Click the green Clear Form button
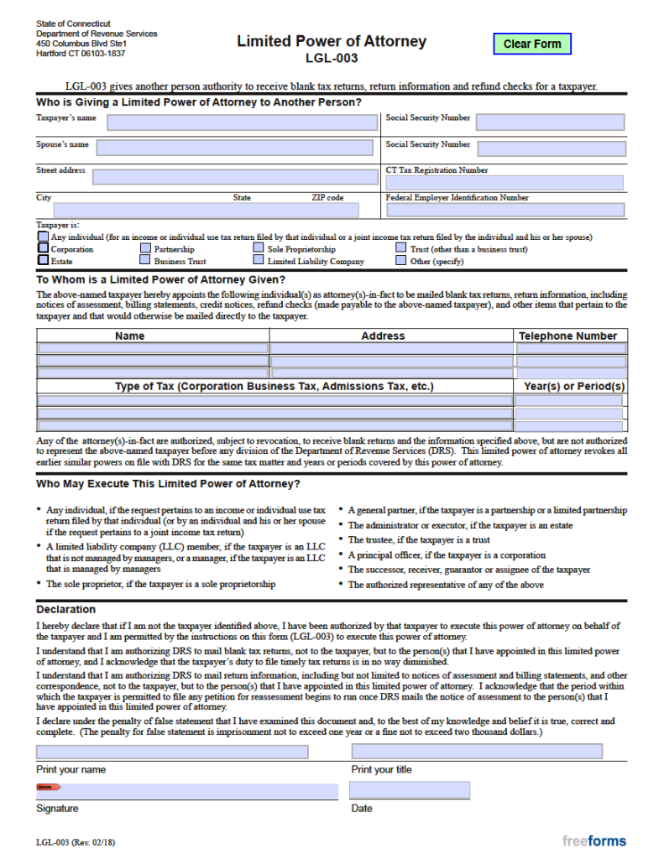[x=531, y=44]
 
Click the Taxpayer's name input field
[x=242, y=122]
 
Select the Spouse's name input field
[x=234, y=148]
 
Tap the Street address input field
[x=234, y=176]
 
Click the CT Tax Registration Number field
[x=505, y=183]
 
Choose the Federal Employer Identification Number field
[x=505, y=210]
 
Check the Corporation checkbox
[x=43, y=249]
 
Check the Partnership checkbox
[x=146, y=249]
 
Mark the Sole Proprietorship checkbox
[x=259, y=249]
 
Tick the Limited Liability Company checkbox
[x=259, y=261]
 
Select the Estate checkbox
[x=43, y=261]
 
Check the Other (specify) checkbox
[x=401, y=261]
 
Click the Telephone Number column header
[x=568, y=336]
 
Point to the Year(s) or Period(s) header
[x=573, y=386]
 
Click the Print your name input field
[x=172, y=752]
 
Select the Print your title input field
[x=476, y=752]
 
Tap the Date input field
[x=409, y=790]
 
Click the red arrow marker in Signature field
[x=49, y=787]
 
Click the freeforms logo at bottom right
[x=593, y=841]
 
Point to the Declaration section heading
[x=66, y=610]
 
